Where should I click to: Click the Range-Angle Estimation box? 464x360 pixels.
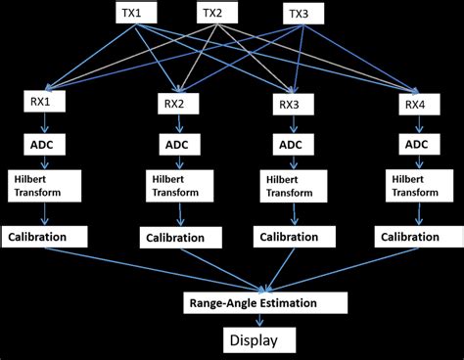[x=264, y=302]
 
